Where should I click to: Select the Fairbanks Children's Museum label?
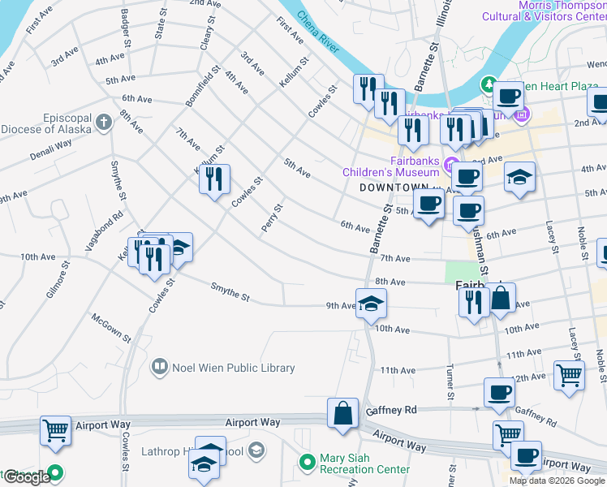coord(391,166)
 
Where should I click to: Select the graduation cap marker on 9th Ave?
coord(371,304)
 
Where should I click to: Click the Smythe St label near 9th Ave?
coord(230,291)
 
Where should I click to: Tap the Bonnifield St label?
coord(203,86)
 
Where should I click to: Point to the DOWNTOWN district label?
coord(393,187)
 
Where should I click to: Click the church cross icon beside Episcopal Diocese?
coord(103,123)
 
